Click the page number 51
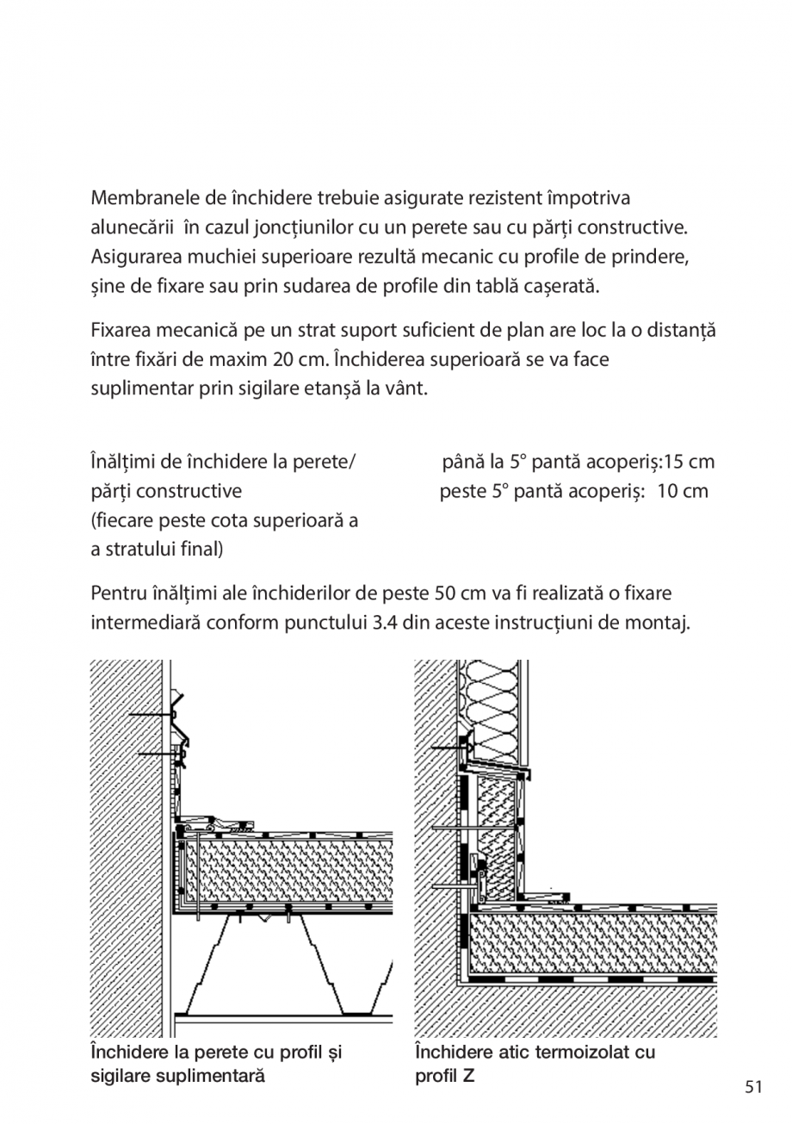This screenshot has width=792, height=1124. [x=754, y=1086]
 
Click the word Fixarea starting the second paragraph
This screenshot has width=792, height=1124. [x=123, y=330]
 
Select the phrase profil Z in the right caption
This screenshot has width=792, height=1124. [x=444, y=1076]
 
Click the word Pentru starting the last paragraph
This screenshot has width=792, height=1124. [x=119, y=593]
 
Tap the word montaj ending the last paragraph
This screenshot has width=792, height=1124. [x=662, y=623]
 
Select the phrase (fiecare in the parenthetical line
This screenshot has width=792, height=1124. [x=126, y=520]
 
